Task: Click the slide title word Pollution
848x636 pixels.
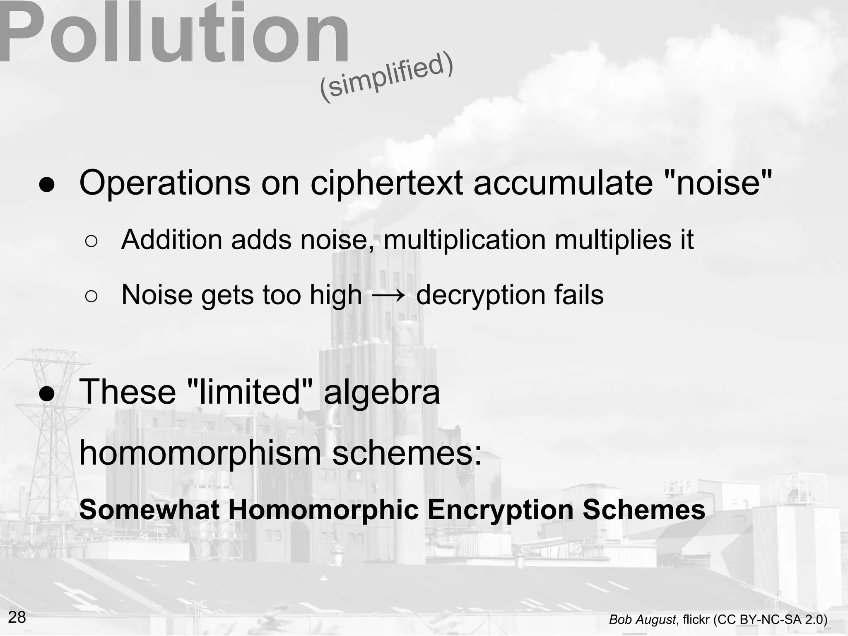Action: tap(174, 33)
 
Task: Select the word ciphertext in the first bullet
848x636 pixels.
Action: tap(386, 183)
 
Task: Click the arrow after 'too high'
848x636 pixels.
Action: tap(388, 296)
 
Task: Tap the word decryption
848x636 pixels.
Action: tap(480, 296)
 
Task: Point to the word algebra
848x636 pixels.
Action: tap(381, 393)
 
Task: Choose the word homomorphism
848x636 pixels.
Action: tap(200, 453)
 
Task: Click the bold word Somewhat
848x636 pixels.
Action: tap(149, 510)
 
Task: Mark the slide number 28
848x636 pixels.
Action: tap(17, 617)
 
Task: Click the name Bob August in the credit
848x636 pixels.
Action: tap(643, 620)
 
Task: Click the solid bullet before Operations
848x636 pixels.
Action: tap(47, 185)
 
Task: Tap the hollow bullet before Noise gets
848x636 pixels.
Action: tap(91, 296)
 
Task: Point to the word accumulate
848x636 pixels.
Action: tap(563, 183)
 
